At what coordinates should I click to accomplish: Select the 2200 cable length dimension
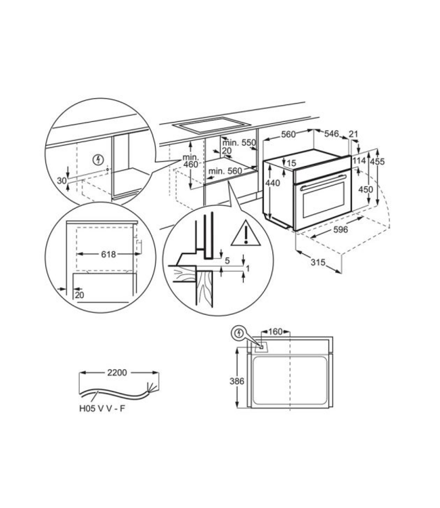(119, 373)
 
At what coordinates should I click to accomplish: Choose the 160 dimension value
(275, 333)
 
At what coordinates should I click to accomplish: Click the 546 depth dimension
(332, 134)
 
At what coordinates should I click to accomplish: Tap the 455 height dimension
(377, 161)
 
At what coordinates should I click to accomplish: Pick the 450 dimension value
(365, 190)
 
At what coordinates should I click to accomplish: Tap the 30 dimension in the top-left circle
(62, 180)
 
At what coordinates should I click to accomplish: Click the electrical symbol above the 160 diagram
(240, 333)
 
